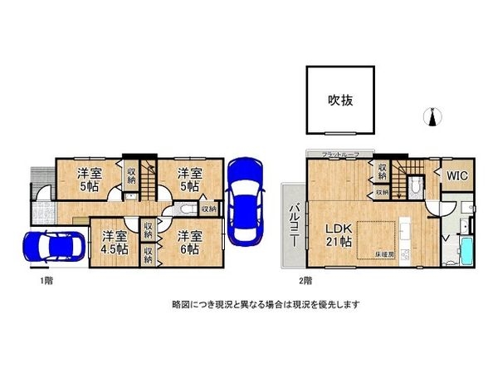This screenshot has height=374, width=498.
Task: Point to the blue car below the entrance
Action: pyautogui.click(x=51, y=247)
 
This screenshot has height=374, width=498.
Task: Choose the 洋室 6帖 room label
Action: pyautogui.click(x=190, y=242)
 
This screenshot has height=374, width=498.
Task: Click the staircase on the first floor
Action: pyautogui.click(x=149, y=178)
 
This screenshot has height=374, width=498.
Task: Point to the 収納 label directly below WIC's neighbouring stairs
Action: pyautogui.click(x=381, y=192)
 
